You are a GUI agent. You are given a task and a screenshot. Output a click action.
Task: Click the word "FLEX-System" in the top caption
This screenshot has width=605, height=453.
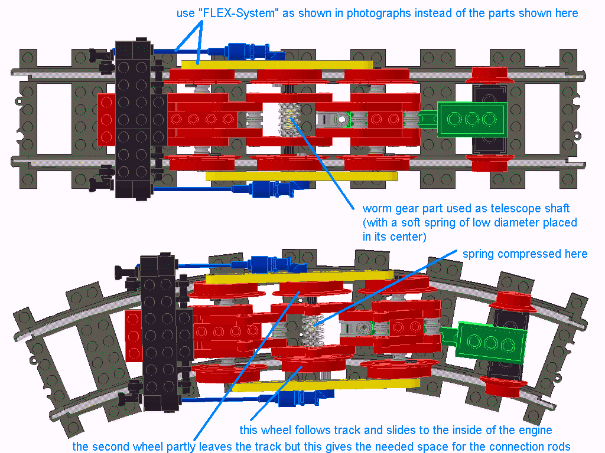pyautogui.click(x=239, y=13)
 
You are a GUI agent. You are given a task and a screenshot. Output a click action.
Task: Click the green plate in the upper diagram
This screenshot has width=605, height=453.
pyautogui.click(x=471, y=119)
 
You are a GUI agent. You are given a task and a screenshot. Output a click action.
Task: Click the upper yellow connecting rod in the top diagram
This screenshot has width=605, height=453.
pyautogui.click(x=277, y=65)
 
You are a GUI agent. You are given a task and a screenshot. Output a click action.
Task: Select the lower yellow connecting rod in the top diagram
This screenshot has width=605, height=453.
pyautogui.click(x=301, y=176)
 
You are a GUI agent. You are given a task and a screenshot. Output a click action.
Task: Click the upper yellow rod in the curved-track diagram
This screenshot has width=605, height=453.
pyautogui.click(x=300, y=277)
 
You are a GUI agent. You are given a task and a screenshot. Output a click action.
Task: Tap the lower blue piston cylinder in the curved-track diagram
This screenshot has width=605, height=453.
pyautogui.click(x=305, y=398)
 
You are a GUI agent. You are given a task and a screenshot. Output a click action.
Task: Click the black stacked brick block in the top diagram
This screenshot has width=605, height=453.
pyautogui.click(x=134, y=119)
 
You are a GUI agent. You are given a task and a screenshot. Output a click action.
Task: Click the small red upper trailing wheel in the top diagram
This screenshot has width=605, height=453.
pyautogui.click(x=490, y=75)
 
